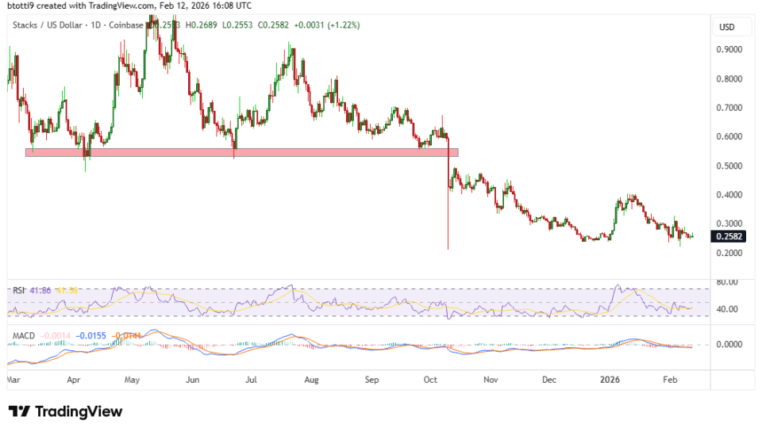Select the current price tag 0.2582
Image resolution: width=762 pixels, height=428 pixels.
point(729,236)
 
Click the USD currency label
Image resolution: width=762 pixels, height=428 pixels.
point(726,27)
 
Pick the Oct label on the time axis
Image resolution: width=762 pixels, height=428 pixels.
point(431,380)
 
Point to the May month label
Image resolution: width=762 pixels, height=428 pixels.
point(133,380)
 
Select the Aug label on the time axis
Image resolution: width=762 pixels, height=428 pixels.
point(311,380)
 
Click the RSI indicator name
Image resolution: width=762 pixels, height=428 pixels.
point(19,291)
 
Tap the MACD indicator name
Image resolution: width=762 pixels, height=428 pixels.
point(24,336)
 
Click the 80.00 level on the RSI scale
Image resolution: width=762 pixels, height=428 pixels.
point(728,282)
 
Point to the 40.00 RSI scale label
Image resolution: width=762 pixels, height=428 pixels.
point(728,309)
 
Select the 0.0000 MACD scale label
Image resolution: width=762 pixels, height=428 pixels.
point(728,345)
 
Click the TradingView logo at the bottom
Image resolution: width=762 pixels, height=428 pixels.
point(65,411)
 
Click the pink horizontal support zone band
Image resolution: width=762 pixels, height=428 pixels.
point(238,152)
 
